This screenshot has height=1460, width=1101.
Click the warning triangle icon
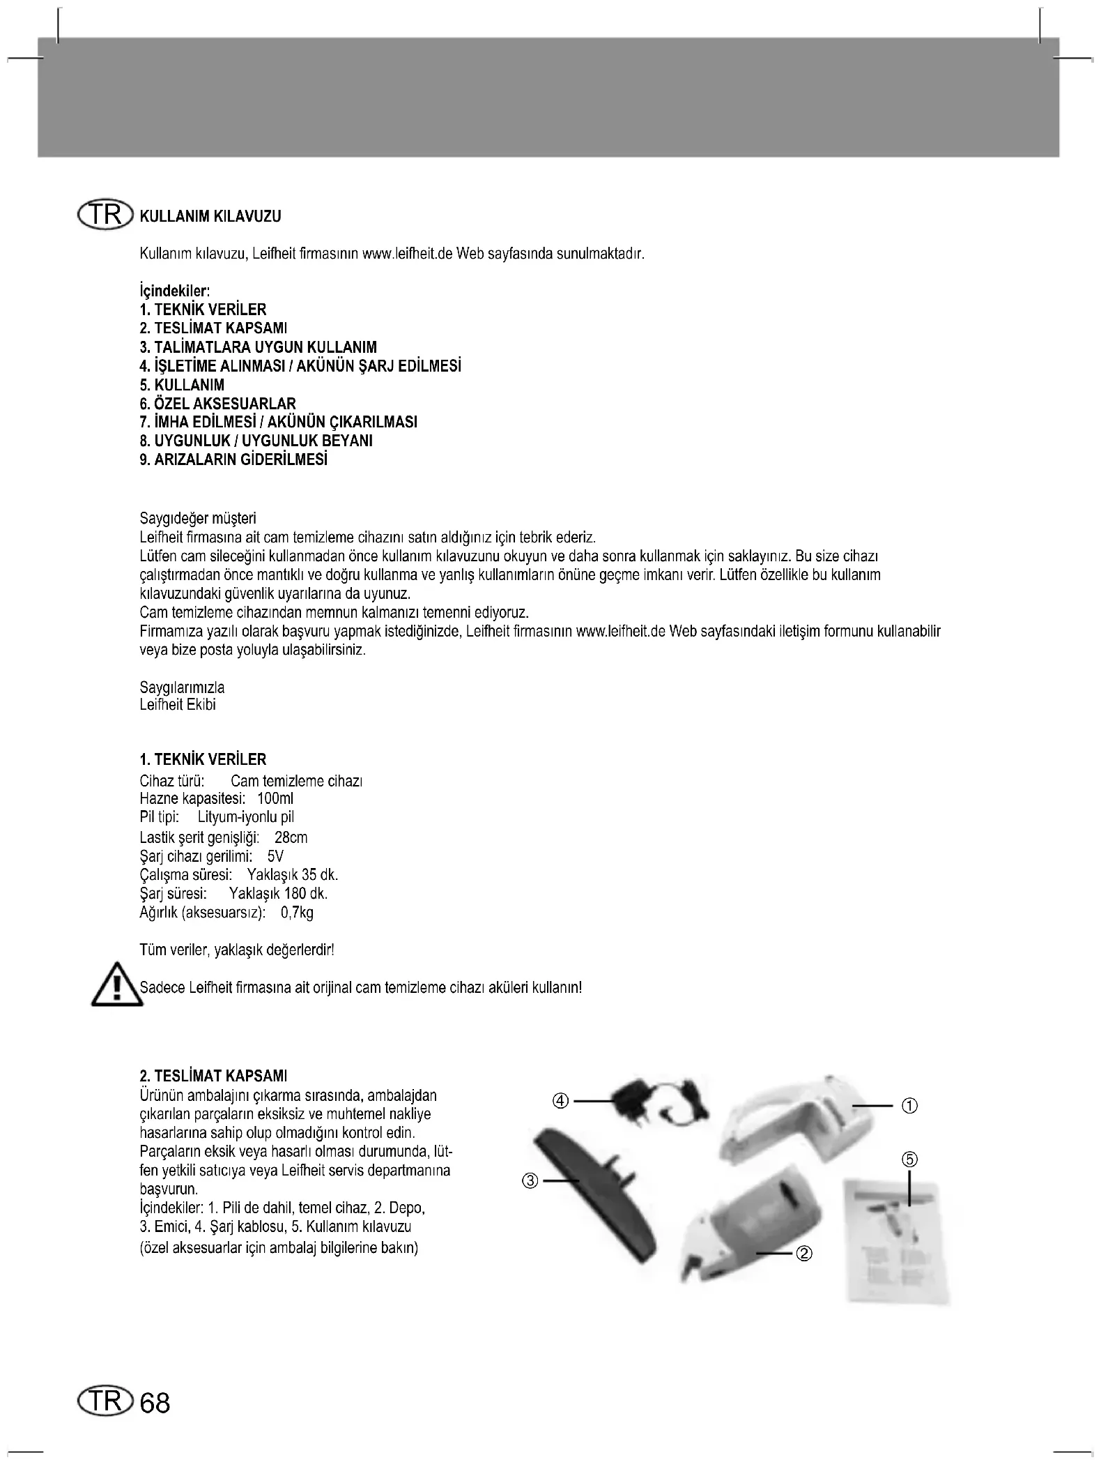(x=116, y=986)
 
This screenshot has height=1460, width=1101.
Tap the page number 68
(x=155, y=1402)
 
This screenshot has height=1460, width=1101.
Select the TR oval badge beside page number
(x=105, y=1401)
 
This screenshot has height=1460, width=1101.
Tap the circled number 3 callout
(x=531, y=1181)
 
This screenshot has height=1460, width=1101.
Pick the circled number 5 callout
(x=910, y=1159)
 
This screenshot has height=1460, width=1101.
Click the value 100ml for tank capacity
(x=275, y=798)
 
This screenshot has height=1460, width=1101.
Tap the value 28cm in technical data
(x=291, y=837)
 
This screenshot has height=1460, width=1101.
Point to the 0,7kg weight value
(x=297, y=913)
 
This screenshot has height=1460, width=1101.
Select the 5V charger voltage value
(x=275, y=856)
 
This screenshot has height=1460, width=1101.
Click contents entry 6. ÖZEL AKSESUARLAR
(x=217, y=404)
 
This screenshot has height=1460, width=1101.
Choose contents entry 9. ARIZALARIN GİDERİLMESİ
(x=233, y=460)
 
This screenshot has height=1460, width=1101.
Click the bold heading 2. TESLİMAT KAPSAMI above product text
(x=213, y=1076)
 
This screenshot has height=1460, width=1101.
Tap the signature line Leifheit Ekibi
(x=178, y=705)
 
